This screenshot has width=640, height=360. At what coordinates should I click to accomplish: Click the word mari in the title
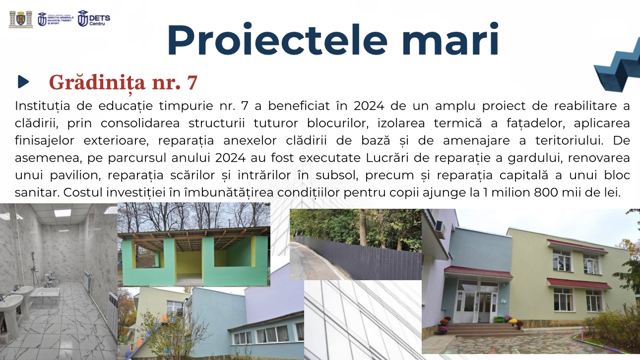[450, 40]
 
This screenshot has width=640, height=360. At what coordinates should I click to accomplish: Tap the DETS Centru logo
[94, 19]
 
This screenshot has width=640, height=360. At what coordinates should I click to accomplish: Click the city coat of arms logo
[20, 19]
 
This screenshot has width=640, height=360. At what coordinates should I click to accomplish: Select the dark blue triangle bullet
[23, 82]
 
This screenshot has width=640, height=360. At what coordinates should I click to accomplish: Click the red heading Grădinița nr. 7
[123, 83]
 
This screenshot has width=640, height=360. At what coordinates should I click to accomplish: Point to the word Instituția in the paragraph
[43, 106]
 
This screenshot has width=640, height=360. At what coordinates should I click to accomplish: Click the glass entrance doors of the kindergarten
[478, 306]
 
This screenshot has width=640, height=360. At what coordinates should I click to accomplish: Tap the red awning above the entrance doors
[478, 272]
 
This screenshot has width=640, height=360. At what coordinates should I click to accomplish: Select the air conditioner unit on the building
[440, 229]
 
